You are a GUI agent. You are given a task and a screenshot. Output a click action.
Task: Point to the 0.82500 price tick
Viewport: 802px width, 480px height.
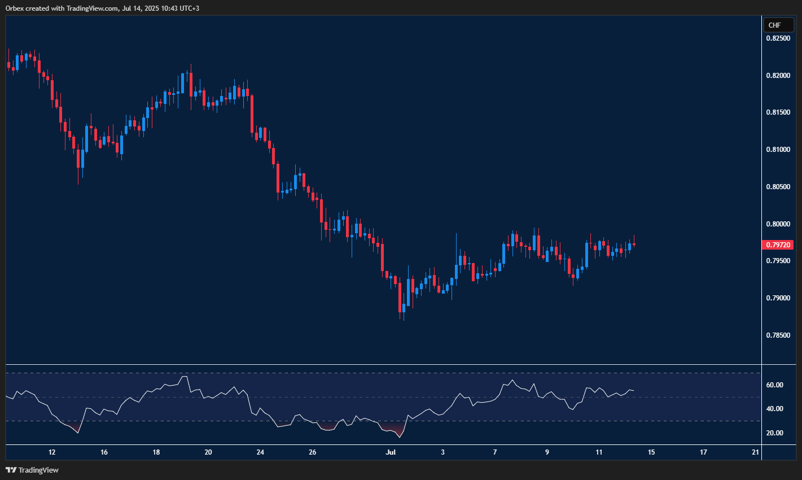[778, 38]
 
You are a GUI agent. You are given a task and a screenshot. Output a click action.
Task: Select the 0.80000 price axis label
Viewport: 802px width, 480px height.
[778, 224]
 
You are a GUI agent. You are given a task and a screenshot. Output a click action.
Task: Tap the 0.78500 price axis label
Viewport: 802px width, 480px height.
[778, 335]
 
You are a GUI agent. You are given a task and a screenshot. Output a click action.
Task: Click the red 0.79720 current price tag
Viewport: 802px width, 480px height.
[778, 245]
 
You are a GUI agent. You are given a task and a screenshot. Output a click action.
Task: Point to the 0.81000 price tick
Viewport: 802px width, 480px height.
[778, 150]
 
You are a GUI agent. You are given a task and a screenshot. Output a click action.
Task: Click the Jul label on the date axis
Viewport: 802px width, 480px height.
[391, 452]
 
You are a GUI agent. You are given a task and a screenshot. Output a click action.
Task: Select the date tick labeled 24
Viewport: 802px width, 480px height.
[260, 452]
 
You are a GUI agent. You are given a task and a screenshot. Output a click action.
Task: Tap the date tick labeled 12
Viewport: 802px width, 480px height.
[52, 452]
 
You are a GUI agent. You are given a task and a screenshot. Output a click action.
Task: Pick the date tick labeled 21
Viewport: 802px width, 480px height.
[756, 452]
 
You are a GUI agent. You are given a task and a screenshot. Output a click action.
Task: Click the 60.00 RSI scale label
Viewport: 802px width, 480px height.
[774, 385]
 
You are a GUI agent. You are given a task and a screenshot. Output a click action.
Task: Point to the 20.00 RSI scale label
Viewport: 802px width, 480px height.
[774, 433]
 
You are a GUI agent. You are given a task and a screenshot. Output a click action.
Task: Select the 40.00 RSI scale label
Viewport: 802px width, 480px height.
[774, 409]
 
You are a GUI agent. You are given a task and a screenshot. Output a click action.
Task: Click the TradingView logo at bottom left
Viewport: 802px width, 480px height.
[32, 470]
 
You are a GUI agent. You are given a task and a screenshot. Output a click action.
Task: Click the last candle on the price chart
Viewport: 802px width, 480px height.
[634, 244]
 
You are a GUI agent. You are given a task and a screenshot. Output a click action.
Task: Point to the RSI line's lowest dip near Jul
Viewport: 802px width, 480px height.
[400, 437]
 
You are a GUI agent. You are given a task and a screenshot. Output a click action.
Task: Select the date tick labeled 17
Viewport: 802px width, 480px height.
[703, 452]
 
